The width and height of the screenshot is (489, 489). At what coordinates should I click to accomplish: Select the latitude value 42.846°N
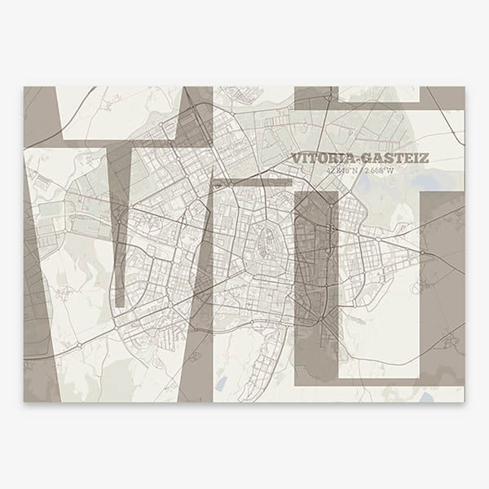[341, 171]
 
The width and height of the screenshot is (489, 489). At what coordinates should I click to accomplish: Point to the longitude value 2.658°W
[379, 171]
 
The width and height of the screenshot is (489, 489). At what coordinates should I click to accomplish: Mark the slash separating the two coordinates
[360, 171]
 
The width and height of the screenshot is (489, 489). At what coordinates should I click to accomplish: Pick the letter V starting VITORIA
[296, 158]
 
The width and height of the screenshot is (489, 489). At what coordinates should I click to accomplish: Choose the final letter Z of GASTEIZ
[423, 158]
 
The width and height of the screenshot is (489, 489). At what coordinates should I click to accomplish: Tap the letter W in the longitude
[391, 171]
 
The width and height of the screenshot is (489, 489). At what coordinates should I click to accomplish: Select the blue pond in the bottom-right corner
[426, 397]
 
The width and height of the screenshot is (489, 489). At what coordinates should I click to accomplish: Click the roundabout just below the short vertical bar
[120, 316]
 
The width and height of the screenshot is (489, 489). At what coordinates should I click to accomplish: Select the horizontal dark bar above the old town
[253, 183]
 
